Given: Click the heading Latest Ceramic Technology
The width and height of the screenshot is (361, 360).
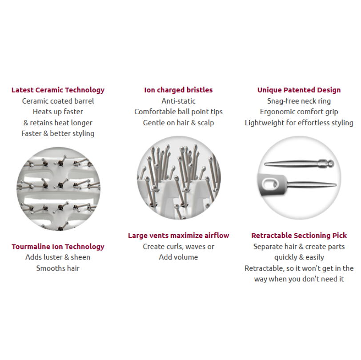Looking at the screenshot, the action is tap(58, 90).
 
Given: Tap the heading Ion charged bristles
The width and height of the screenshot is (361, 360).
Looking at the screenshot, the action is tap(178, 90).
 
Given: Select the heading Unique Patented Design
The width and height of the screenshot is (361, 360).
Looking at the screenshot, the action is tap(299, 90).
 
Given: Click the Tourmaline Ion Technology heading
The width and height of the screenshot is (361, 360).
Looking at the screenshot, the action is tap(58, 247).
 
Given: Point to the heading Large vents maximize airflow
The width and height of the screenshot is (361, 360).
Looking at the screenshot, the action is tap(178, 236).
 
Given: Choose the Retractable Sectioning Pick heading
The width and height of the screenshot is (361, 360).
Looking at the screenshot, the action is tap(299, 236).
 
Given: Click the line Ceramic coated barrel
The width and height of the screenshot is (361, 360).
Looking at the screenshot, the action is tap(58, 101).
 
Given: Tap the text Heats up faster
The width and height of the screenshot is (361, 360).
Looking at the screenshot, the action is tap(58, 112).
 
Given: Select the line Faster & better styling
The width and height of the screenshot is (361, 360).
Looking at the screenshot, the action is tap(58, 133).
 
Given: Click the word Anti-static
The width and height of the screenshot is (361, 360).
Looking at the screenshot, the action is tap(178, 101).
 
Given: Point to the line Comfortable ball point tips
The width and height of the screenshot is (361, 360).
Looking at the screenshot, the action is tap(178, 112).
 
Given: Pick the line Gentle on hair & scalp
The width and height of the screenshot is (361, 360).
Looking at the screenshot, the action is tap(178, 123).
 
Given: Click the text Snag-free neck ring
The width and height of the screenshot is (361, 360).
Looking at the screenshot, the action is tap(299, 101).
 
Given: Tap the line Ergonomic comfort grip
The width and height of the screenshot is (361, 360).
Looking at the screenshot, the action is tap(299, 112).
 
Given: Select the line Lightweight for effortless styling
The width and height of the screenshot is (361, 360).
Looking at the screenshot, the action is tap(299, 123).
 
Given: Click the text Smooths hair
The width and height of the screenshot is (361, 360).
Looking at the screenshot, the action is tap(58, 268).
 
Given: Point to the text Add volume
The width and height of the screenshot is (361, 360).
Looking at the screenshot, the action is tap(178, 257).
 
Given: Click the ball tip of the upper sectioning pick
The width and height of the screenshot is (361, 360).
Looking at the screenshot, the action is tap(330, 164).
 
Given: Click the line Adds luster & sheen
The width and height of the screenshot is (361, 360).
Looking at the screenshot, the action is tap(58, 257).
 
